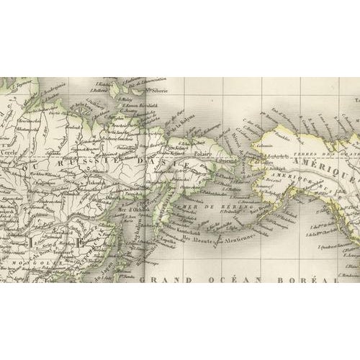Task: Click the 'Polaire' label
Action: [x=202, y=153]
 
